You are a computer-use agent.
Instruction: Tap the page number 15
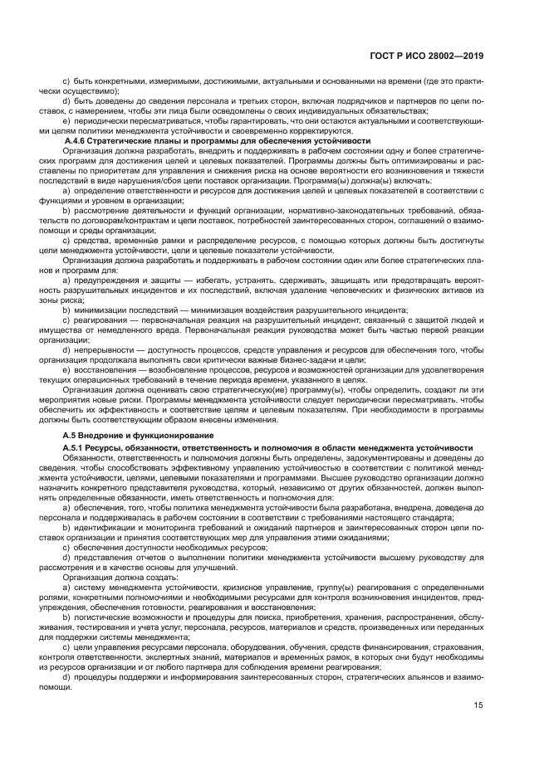pos(478,729)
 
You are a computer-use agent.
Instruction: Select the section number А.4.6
pos(77,140)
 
